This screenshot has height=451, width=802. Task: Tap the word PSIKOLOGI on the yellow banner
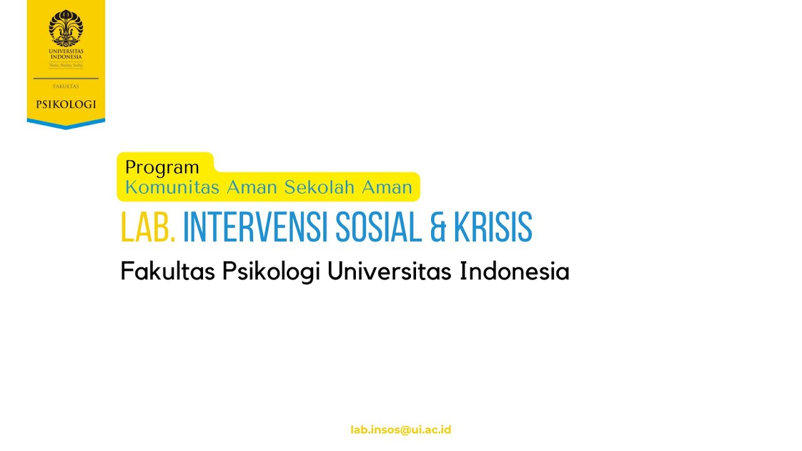[x=66, y=105]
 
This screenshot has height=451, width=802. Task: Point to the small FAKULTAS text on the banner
[x=66, y=87]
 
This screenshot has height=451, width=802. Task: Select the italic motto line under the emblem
[x=66, y=65]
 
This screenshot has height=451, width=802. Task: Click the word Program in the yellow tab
[x=162, y=168]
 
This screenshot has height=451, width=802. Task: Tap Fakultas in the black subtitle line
[x=167, y=272]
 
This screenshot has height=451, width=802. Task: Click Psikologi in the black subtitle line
[x=271, y=272]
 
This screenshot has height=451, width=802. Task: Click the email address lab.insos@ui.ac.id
[x=401, y=430]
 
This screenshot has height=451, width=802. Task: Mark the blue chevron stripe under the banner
[x=66, y=123]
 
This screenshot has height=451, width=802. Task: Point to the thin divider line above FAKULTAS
[x=66, y=79]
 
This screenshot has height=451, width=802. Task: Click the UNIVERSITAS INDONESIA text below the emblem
[x=66, y=54]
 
